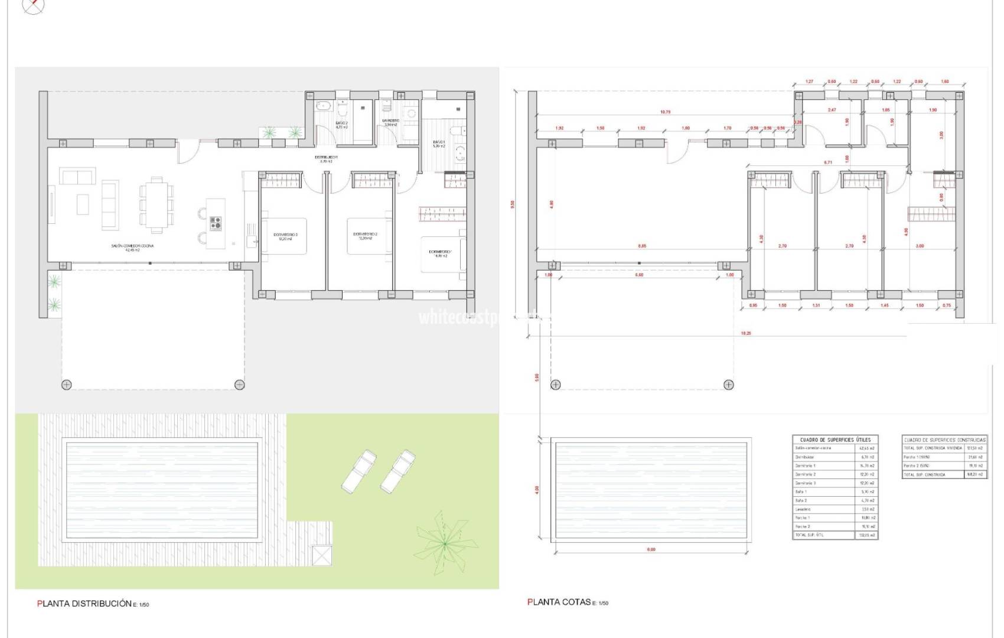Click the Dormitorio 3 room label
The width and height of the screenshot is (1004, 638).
pyautogui.click(x=285, y=236)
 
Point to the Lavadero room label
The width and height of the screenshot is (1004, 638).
pyautogui.click(x=390, y=122)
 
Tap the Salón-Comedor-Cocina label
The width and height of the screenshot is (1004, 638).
pyautogui.click(x=132, y=248)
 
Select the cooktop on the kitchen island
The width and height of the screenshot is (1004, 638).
pyautogui.click(x=216, y=223)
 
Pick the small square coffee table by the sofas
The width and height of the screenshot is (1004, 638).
pyautogui.click(x=83, y=204)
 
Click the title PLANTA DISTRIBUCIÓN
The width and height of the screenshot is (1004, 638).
pyautogui.click(x=84, y=604)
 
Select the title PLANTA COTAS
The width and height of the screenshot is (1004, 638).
pyautogui.click(x=559, y=602)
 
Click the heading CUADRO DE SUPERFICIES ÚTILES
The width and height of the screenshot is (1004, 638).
pyautogui.click(x=835, y=440)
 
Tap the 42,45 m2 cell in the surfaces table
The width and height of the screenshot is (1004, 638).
pyautogui.click(x=866, y=448)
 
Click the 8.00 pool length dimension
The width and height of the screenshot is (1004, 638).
pyautogui.click(x=650, y=549)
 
